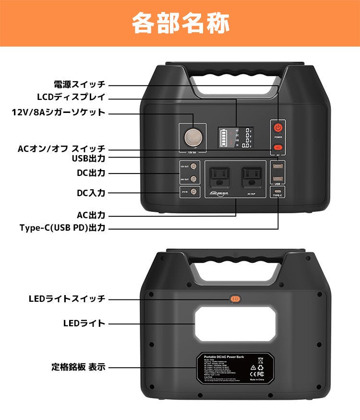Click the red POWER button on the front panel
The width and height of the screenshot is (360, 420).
(277, 128)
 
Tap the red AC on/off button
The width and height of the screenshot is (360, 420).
(277, 147)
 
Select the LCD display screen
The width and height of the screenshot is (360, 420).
(234, 138)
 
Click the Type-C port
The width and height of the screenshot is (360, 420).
(277, 190)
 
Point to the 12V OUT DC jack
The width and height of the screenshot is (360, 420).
(193, 166)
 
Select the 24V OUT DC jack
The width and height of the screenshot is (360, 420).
(193, 179)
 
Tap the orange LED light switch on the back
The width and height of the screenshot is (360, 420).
(235, 299)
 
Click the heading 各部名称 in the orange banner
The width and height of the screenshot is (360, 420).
(180, 23)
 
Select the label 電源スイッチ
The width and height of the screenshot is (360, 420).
(79, 85)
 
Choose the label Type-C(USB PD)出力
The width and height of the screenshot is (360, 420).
(62, 228)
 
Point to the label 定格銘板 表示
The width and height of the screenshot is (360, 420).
(78, 367)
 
